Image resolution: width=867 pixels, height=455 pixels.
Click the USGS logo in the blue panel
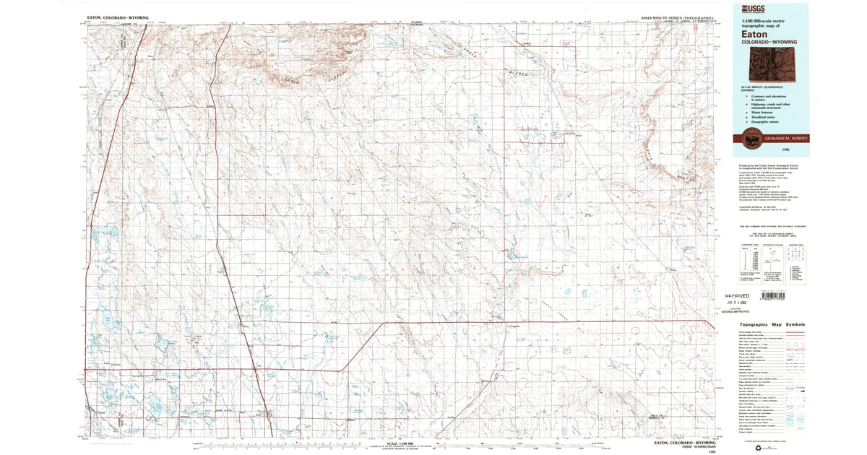[746, 9]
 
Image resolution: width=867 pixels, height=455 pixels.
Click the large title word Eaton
[753, 33]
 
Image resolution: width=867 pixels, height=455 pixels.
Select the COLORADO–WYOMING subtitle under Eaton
[769, 43]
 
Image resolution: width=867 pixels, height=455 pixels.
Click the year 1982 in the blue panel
[795, 150]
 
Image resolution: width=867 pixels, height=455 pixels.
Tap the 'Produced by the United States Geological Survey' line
[766, 165]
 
